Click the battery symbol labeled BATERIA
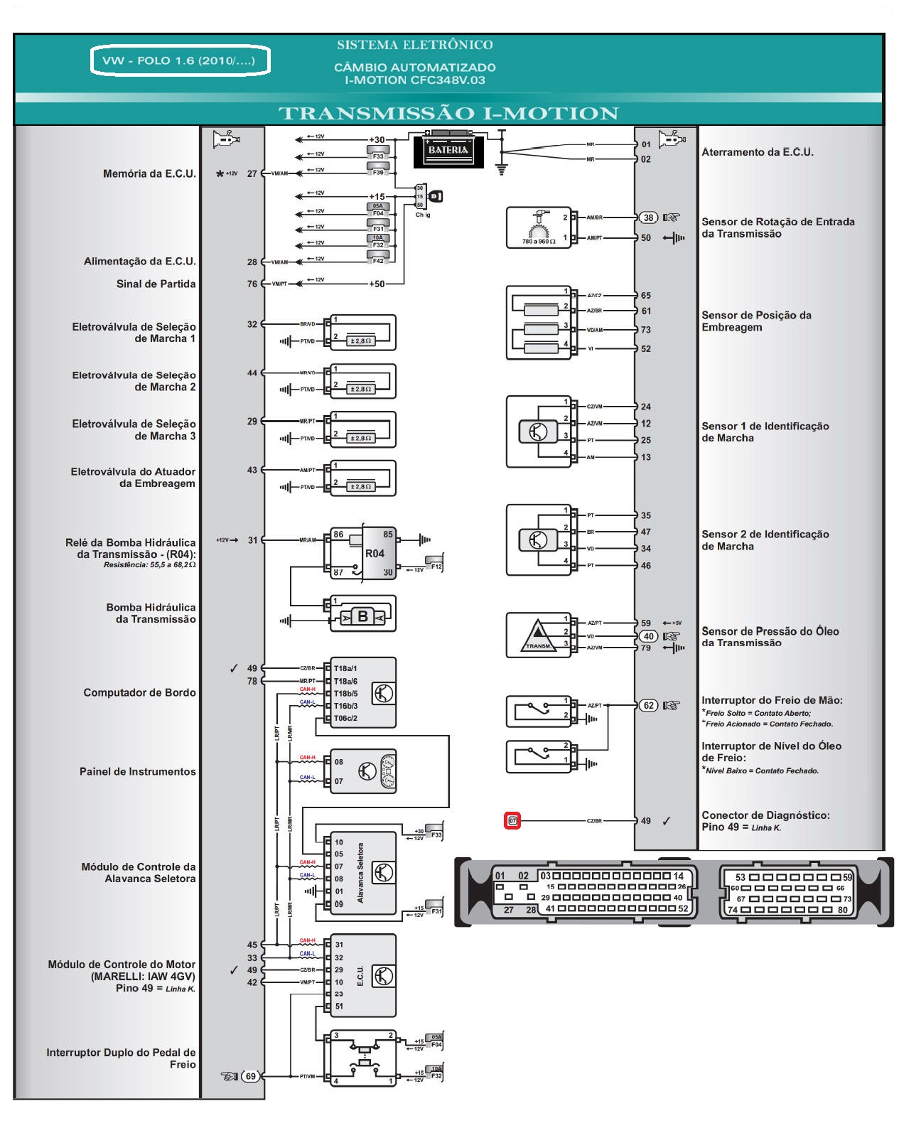point(448,151)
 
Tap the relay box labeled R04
point(375,553)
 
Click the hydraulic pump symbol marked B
point(362,616)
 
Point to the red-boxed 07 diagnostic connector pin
point(512,821)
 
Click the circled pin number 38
point(648,218)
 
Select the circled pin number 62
point(648,705)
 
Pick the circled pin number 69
point(250,1076)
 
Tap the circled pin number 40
point(648,636)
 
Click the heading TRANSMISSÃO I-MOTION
point(448,113)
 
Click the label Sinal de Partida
point(156,284)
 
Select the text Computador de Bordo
point(139,692)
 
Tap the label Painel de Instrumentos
point(137,771)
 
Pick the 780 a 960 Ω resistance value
point(539,242)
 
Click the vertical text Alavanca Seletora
point(360,874)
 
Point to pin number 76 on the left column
point(252,284)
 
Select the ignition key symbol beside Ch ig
point(435,196)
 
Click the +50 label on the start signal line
point(377,284)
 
